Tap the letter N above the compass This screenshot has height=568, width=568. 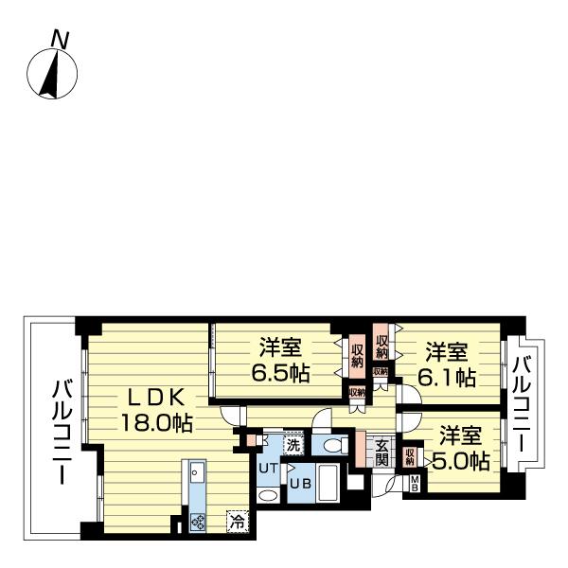pos(60,39)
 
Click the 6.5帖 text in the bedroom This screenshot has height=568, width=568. pos(279,373)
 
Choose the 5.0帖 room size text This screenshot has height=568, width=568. pos(460,461)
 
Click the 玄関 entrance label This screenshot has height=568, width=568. pos(381,453)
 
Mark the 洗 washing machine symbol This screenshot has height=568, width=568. pos(293,444)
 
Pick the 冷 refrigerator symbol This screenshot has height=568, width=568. pos(237,520)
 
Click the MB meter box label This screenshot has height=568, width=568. pos(415,485)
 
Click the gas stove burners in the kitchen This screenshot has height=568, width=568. pos(198,519)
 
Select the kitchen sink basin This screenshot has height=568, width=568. pos(198,472)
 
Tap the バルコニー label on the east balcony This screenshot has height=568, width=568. pos(522,402)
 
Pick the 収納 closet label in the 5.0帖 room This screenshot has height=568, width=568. pos(409,458)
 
